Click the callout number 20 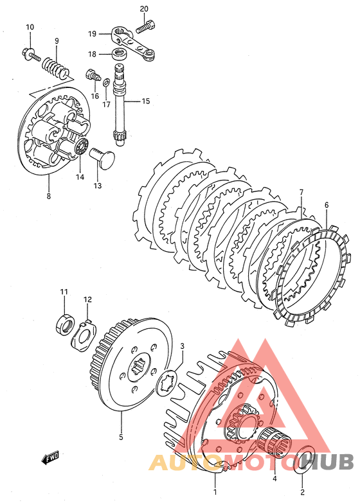(144, 9)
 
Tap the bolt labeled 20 (146, 26)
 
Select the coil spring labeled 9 (55, 67)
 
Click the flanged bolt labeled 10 (30, 54)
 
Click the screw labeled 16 (93, 76)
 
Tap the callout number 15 (146, 101)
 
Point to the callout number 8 (48, 196)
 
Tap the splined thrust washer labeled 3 (166, 384)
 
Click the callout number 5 (121, 437)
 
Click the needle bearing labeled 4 (276, 442)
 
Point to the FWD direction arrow (50, 457)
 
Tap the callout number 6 (327, 205)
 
